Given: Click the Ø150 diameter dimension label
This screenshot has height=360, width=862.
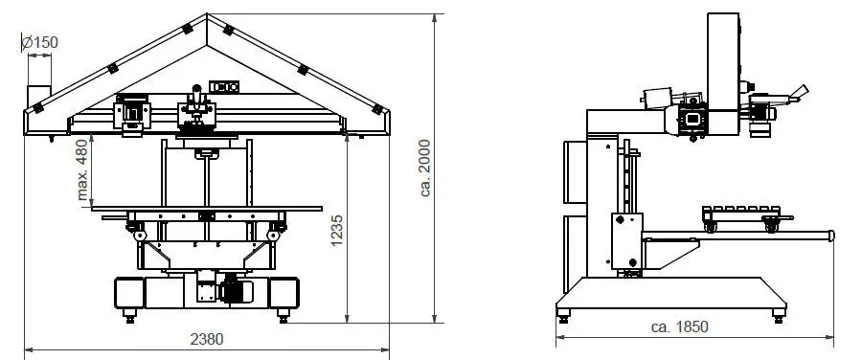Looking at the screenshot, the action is (x=39, y=42).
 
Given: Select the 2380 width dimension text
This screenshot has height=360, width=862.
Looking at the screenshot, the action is (x=207, y=339).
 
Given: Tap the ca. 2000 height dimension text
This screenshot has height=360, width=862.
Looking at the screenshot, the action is (x=425, y=168).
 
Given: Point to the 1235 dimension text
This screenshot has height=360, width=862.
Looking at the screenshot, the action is (x=337, y=231).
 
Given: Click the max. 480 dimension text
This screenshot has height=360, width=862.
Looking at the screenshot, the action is (x=81, y=169).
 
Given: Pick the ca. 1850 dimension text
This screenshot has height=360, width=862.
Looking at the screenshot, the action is (x=679, y=327).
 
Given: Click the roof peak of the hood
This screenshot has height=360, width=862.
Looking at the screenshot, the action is (x=207, y=14).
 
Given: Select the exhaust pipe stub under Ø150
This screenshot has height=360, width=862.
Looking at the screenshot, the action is (x=39, y=97).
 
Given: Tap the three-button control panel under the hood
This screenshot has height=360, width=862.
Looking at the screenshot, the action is (x=224, y=86).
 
